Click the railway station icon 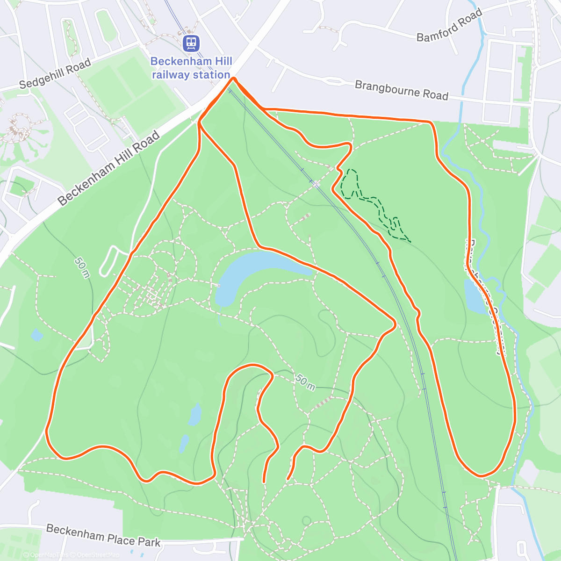pos(191,43)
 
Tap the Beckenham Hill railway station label pos(191,68)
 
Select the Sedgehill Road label pos(55,74)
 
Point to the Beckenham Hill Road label pos(109,168)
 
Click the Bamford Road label pos(449,26)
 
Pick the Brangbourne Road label pos(401,90)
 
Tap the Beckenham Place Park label pos(103,535)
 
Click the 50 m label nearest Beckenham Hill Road pos(82,267)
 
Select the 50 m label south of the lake pos(305,382)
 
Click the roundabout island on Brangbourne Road pos(335,82)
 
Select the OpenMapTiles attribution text pos(46,555)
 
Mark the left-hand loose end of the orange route pos(264,481)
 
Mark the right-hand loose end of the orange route pos(288,479)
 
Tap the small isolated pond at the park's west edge pos(36,335)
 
